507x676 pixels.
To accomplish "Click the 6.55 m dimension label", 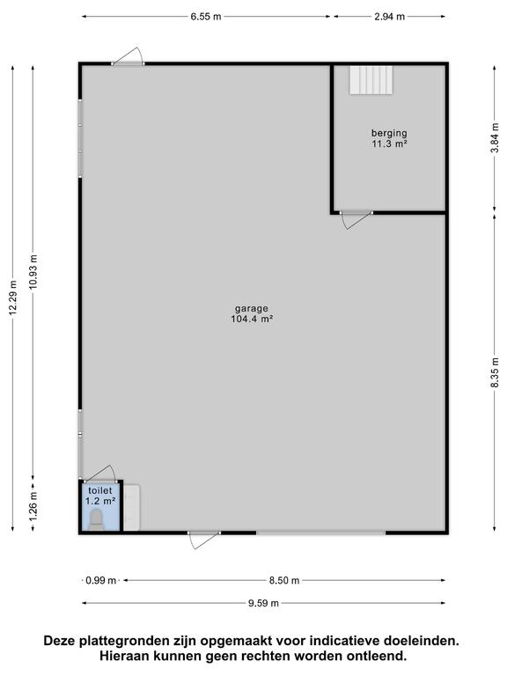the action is (x=206, y=17).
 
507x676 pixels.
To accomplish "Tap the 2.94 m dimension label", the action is (x=389, y=17).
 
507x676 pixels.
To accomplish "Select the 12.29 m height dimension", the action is (x=13, y=298).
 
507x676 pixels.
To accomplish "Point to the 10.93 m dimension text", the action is (x=34, y=273).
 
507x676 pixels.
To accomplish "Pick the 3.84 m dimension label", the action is (x=496, y=137).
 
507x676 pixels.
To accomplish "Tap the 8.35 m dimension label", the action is (x=496, y=372).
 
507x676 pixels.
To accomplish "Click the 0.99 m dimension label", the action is (x=101, y=580).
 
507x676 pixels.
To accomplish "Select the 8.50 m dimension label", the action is (x=284, y=580).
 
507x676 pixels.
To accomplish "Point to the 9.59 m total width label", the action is (x=263, y=603).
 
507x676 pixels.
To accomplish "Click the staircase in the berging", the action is (x=371, y=80).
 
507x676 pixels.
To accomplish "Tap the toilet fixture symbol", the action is (x=96, y=519).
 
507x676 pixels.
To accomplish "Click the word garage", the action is (x=252, y=309).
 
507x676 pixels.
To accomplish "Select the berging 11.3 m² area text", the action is (x=389, y=138).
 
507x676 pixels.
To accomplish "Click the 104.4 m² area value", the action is (x=253, y=319).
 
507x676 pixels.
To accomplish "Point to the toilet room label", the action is (x=100, y=490).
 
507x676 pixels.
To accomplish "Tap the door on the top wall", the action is (x=128, y=56).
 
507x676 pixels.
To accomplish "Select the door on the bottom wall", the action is (x=204, y=540).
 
